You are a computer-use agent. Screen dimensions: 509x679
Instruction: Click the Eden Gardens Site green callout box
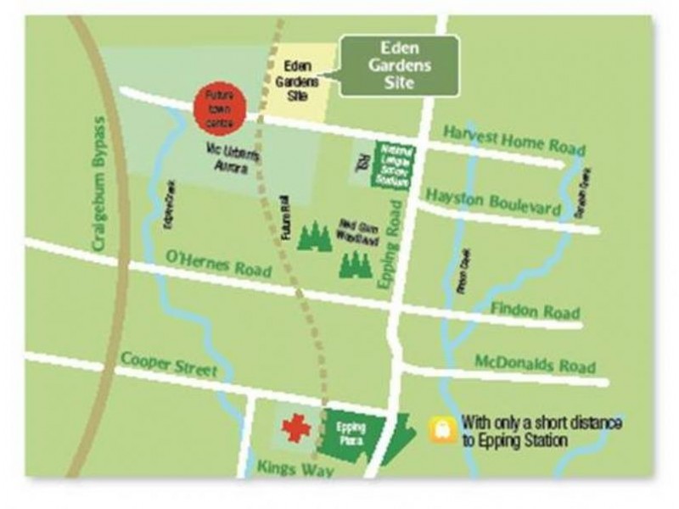pos(398,65)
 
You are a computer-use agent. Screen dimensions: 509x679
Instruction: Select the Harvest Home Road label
pos(514,140)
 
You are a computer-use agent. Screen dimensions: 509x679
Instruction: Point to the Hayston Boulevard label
pos(493,200)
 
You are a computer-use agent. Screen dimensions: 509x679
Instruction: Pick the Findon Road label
pos(535,310)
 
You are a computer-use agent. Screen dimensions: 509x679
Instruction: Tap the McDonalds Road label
pos(535,365)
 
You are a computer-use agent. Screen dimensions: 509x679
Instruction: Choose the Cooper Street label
pos(168,365)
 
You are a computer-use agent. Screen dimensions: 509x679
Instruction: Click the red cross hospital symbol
pos(295,428)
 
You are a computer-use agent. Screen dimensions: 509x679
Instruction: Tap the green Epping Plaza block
pos(351,434)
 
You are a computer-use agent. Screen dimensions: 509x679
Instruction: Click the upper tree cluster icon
pos(315,237)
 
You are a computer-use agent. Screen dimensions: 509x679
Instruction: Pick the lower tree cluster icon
pos(355,265)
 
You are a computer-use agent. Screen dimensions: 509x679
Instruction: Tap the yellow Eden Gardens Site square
pos(298,81)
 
